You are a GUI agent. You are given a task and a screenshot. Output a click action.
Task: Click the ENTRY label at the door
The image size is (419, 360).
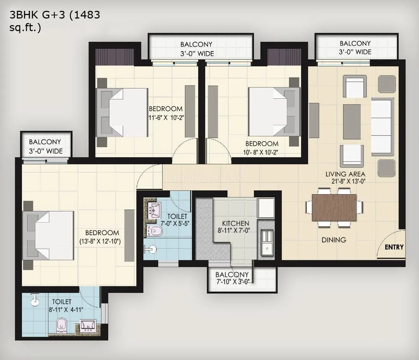pos(394,247)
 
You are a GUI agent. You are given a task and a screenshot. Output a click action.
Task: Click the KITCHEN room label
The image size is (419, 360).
pos(236,223)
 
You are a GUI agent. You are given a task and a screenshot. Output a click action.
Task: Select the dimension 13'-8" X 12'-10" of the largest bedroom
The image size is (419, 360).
pos(100,241)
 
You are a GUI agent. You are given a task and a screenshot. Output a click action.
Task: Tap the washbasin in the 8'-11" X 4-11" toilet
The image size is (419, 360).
pos(87,325)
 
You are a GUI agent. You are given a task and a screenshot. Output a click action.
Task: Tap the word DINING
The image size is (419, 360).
pos(334,240)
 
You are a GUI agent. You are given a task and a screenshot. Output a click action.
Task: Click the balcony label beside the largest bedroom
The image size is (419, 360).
pos(45,147)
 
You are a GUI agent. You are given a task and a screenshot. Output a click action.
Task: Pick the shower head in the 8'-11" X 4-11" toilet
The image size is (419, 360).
pos(34,300)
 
